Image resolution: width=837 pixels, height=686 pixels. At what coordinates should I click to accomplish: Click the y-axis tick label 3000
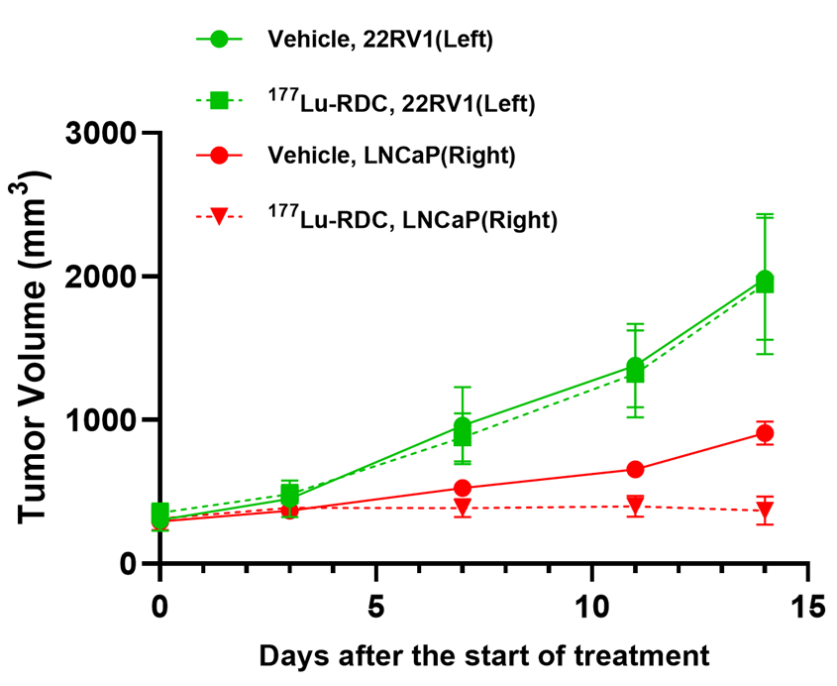(99, 133)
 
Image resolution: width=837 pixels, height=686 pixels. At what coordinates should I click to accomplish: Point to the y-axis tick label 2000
(99, 277)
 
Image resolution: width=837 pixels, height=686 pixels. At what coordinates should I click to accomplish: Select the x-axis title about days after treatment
(484, 655)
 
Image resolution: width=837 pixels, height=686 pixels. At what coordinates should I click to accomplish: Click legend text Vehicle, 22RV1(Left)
(380, 41)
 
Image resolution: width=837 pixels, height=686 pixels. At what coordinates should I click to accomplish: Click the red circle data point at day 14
(765, 433)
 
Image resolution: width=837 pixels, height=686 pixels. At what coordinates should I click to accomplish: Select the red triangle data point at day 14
(765, 512)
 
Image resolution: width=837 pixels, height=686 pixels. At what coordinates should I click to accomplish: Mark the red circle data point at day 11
(635, 469)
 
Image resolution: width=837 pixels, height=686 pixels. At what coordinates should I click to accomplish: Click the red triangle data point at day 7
(462, 509)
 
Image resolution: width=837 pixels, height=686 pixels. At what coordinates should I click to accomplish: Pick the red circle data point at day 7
(462, 488)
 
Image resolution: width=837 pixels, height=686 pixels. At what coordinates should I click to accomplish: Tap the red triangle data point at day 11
(635, 506)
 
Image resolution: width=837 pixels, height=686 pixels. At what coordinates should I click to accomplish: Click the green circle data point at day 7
(462, 426)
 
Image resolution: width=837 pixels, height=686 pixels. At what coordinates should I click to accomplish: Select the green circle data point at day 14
(765, 280)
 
